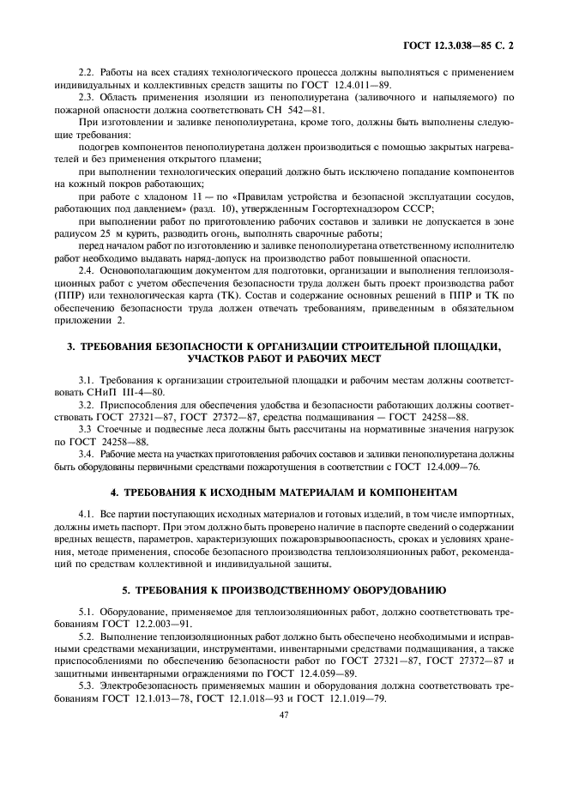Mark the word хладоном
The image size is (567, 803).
142,196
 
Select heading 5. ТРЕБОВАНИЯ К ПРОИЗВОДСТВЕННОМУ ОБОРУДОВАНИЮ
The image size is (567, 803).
283,591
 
